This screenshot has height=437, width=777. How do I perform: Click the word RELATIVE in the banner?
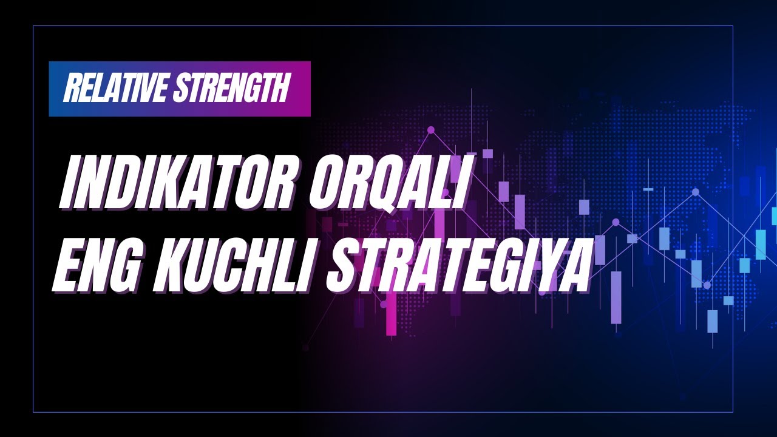[x=115, y=89]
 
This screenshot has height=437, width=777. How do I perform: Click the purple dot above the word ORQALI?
[x=431, y=130]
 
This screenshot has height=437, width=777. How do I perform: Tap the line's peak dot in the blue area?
[x=696, y=192]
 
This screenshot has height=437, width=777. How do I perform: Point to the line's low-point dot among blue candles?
[x=707, y=285]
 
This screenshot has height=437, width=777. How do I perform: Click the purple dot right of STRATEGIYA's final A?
[x=616, y=222]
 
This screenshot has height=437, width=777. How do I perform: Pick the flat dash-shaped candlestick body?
[x=648, y=189]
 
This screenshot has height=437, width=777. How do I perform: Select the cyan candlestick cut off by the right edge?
[x=774, y=215]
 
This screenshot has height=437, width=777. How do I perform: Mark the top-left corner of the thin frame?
[x=33, y=26]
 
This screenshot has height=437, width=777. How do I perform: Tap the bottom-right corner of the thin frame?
[x=733, y=412]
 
